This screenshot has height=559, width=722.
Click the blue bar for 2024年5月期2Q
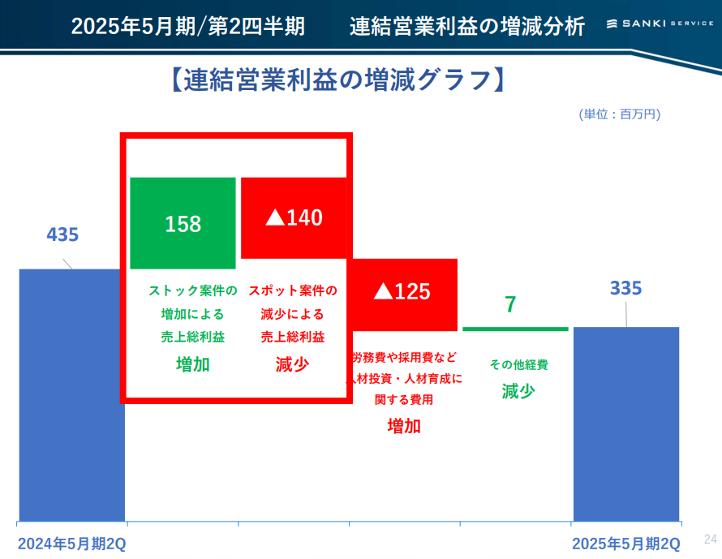click(72, 394)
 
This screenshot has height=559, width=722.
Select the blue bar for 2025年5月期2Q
click(626, 424)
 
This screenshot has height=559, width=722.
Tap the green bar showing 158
click(183, 223)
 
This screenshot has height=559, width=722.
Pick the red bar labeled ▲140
click(294, 217)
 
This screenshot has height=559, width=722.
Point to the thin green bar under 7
click(515, 329)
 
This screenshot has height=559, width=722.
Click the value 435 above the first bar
click(62, 234)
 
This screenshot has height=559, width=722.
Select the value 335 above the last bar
click(626, 288)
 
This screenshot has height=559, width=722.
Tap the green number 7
click(510, 305)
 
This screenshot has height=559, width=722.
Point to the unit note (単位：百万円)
click(620, 114)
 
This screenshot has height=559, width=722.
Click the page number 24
click(711, 539)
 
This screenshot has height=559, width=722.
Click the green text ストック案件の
click(193, 290)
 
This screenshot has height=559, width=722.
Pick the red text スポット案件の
click(293, 290)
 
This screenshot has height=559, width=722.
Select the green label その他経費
click(519, 364)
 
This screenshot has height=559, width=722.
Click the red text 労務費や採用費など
click(404, 357)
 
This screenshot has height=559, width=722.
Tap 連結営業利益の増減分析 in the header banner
click(467, 26)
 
